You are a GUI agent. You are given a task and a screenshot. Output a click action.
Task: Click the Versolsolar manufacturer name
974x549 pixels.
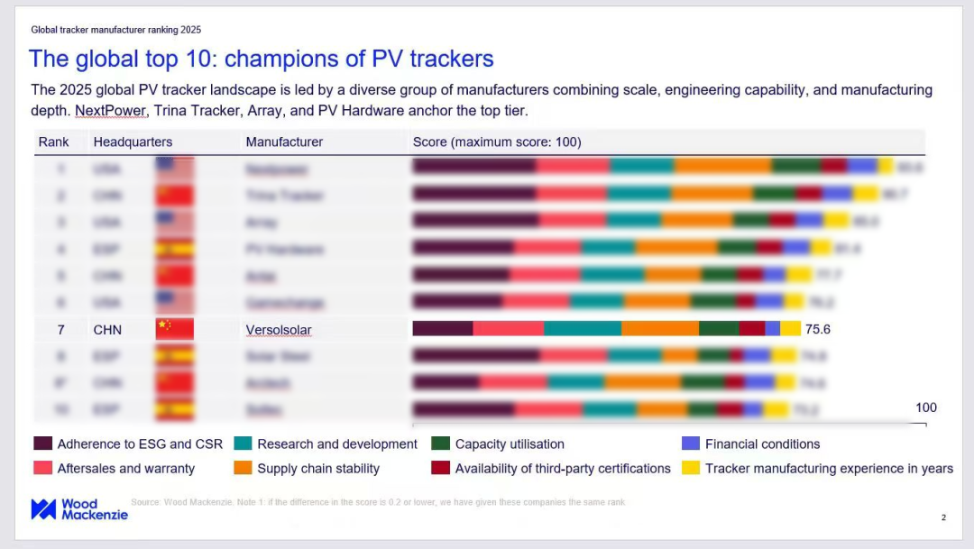pyautogui.click(x=279, y=330)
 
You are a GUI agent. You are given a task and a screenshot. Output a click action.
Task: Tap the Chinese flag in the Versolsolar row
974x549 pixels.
pyautogui.click(x=174, y=329)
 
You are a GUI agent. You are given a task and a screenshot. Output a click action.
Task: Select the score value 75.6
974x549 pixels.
pyautogui.click(x=817, y=329)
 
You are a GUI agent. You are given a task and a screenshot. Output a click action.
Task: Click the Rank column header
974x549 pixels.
pyautogui.click(x=53, y=142)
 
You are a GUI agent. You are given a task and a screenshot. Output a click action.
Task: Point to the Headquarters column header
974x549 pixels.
pyautogui.click(x=133, y=142)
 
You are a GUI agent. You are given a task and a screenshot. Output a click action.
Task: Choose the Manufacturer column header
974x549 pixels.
pyautogui.click(x=284, y=142)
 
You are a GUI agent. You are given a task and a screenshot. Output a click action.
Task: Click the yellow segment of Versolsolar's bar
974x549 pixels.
pyautogui.click(x=791, y=329)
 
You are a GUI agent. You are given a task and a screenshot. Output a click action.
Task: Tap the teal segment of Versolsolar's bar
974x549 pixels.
pyautogui.click(x=582, y=329)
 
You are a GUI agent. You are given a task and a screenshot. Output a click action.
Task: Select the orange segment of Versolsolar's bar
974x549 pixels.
pyautogui.click(x=660, y=329)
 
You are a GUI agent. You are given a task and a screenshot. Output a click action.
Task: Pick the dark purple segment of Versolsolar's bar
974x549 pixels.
pyautogui.click(x=442, y=329)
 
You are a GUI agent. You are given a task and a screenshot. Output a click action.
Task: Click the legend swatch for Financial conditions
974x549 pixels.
pyautogui.click(x=690, y=444)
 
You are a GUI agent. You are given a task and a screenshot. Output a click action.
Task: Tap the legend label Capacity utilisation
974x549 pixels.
pyautogui.click(x=510, y=444)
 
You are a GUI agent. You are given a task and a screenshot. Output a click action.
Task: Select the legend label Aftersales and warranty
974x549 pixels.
pyautogui.click(x=126, y=468)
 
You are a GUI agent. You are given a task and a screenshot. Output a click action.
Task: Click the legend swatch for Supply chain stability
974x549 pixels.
pyautogui.click(x=243, y=468)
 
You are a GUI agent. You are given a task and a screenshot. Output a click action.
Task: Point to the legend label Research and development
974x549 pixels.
pyautogui.click(x=337, y=444)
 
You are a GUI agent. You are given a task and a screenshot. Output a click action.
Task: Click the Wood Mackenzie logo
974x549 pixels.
pyautogui.click(x=79, y=509)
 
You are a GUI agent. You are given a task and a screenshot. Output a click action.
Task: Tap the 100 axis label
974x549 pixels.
pyautogui.click(x=926, y=407)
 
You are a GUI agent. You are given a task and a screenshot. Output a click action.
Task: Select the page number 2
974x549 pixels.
pyautogui.click(x=943, y=517)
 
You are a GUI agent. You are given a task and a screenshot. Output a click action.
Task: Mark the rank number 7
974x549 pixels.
pyautogui.click(x=61, y=330)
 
